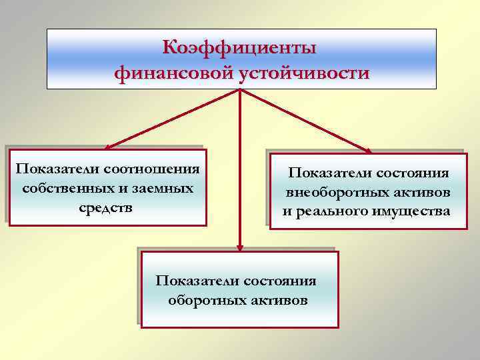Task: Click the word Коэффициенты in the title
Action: pyautogui.click(x=240, y=48)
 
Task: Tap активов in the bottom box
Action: pyautogui.click(x=279, y=300)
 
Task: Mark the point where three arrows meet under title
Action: pyautogui.click(x=239, y=91)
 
